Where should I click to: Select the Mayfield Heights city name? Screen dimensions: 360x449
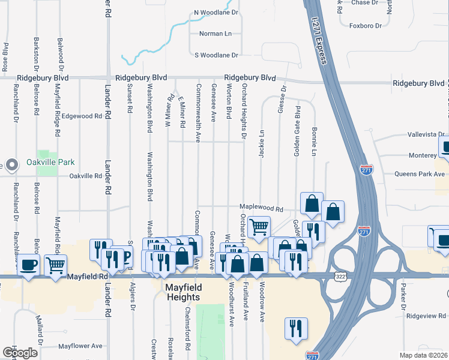(183, 292)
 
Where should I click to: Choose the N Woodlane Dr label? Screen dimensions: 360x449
(216, 12)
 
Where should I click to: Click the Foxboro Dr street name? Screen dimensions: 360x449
(366, 26)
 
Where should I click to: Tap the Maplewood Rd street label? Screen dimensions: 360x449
(261, 208)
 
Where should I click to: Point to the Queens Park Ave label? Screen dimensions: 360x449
(418, 174)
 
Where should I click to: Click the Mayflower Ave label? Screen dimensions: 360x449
(80, 346)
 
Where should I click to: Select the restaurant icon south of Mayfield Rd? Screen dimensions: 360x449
(296, 328)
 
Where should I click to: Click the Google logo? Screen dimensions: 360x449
(20, 353)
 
